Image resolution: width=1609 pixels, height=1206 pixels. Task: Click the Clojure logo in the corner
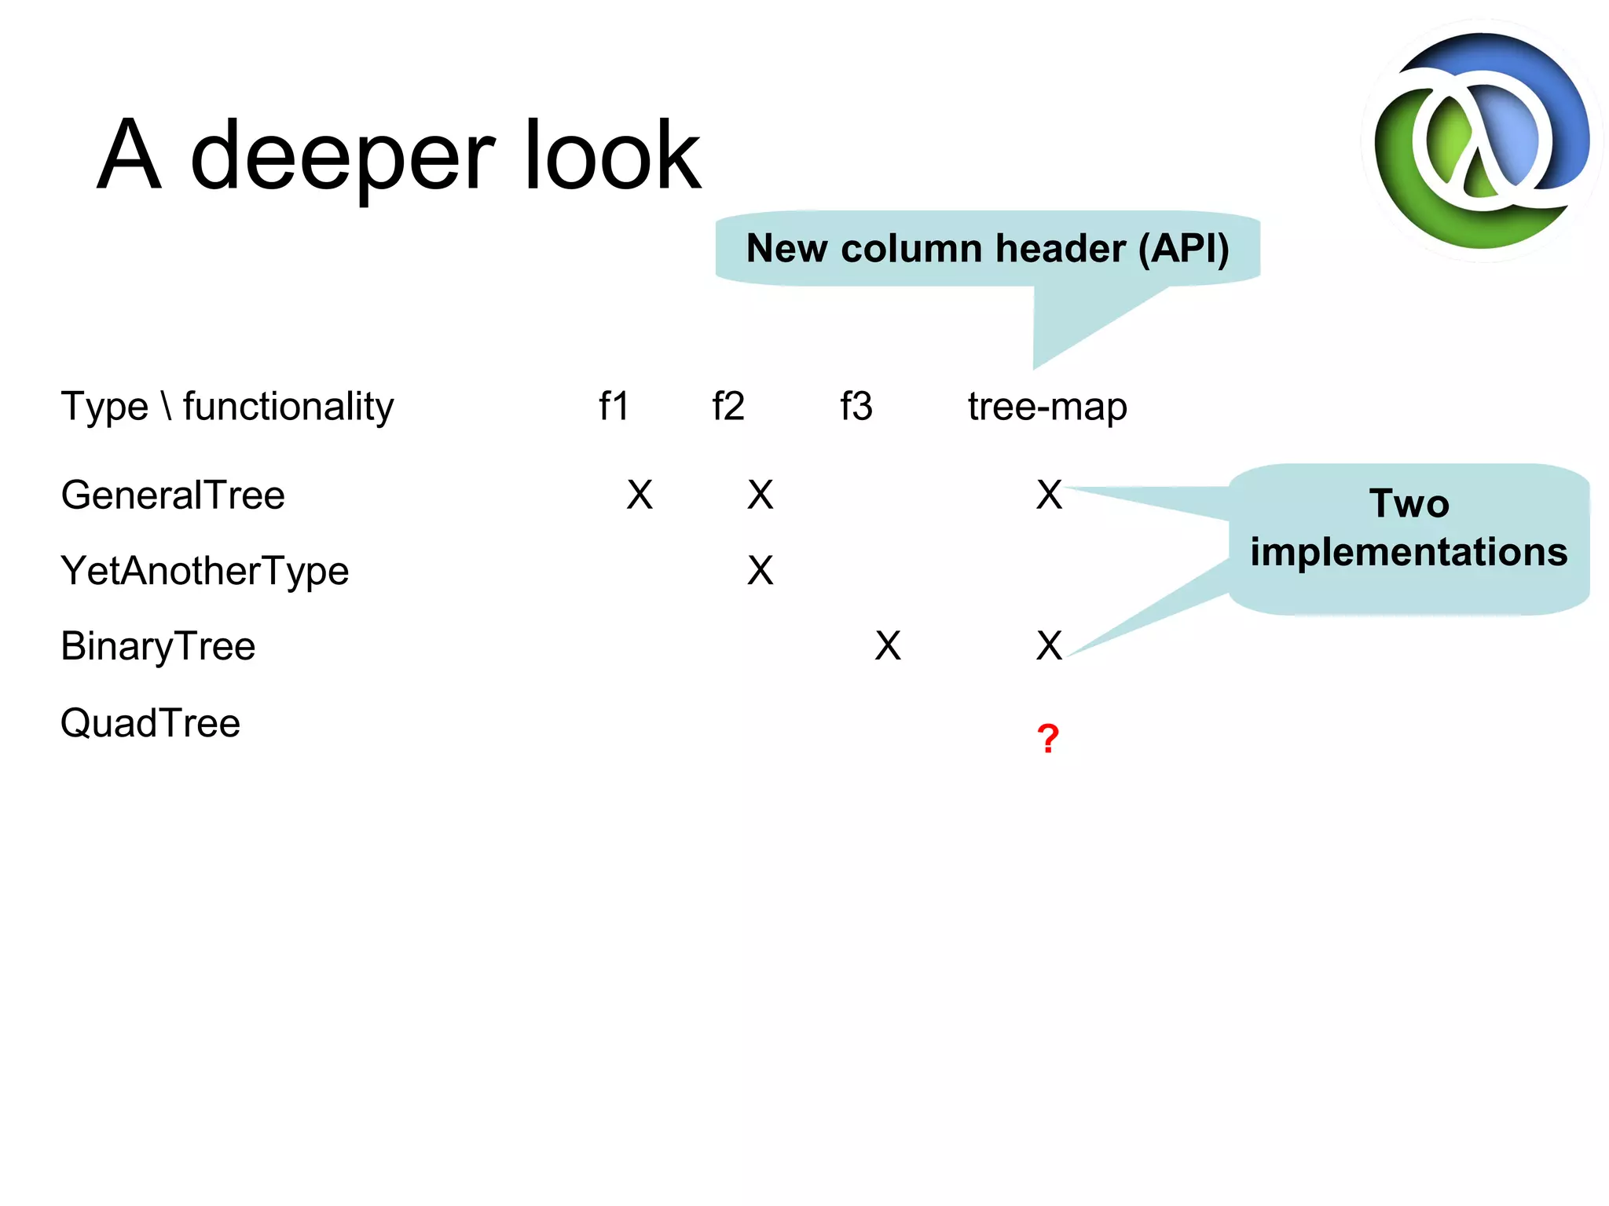pyautogui.click(x=1482, y=141)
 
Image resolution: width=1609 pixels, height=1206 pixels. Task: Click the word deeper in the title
pyautogui.click(x=343, y=157)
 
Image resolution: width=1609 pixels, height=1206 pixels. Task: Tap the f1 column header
pyautogui.click(x=614, y=407)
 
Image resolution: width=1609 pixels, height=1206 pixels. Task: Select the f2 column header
pyautogui.click(x=728, y=407)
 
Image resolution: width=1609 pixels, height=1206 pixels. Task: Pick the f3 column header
pyautogui.click(x=856, y=407)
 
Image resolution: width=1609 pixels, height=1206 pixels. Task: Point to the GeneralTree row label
pyautogui.click(x=173, y=495)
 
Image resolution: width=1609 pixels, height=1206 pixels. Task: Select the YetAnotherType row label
pyautogui.click(x=204, y=572)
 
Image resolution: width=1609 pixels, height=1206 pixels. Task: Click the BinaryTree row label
pyautogui.click(x=158, y=647)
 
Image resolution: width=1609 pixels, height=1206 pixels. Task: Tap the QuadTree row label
pyautogui.click(x=150, y=723)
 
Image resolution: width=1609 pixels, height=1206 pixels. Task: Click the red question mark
pyautogui.click(x=1048, y=739)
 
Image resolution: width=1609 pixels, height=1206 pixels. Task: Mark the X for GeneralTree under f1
pyautogui.click(x=640, y=495)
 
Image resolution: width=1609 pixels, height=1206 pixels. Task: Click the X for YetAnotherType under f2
pyautogui.click(x=760, y=571)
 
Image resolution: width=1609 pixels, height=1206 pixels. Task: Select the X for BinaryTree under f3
pyautogui.click(x=888, y=646)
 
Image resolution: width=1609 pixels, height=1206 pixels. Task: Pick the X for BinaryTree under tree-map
pyautogui.click(x=1049, y=646)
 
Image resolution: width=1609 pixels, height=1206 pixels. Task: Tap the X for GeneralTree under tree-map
pyautogui.click(x=1049, y=495)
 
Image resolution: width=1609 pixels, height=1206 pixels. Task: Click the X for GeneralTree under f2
pyautogui.click(x=760, y=495)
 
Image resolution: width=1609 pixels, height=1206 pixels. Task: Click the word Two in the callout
pyautogui.click(x=1409, y=503)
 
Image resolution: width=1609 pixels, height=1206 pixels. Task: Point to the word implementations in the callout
pyautogui.click(x=1409, y=552)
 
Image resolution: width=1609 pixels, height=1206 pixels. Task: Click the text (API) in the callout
pyautogui.click(x=1183, y=249)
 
